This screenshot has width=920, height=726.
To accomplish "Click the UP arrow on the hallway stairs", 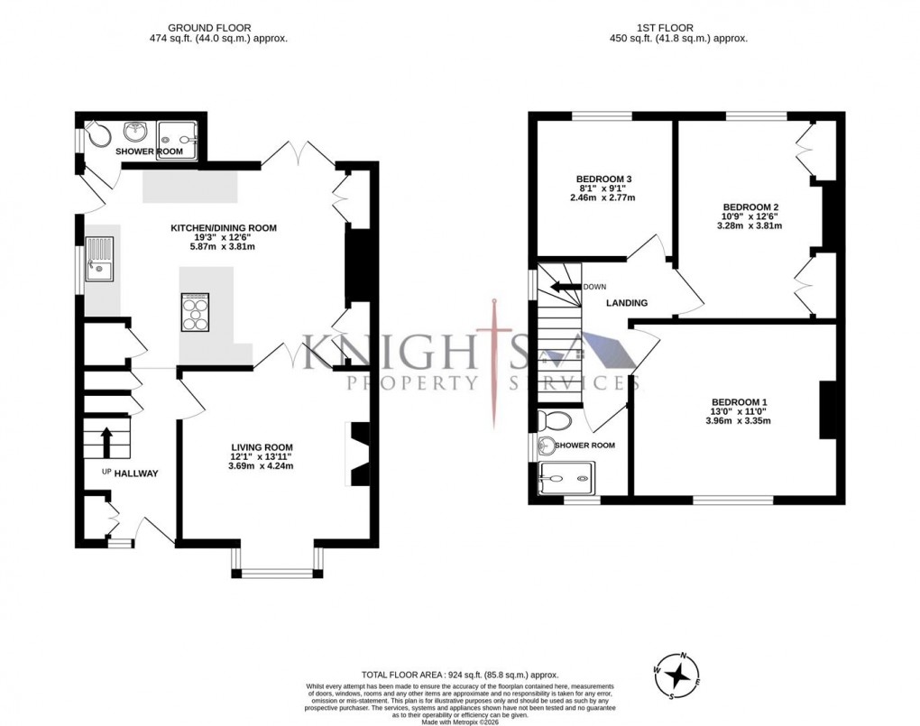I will point(106,442).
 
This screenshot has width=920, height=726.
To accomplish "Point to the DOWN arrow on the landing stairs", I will point(566,287).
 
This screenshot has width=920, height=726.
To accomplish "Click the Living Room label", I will point(262,447).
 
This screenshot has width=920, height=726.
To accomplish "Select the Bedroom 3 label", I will point(603,179).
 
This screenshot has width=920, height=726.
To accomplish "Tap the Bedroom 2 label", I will point(750,207).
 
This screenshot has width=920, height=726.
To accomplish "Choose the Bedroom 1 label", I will point(739,402).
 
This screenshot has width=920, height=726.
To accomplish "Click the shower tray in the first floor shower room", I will point(566,477).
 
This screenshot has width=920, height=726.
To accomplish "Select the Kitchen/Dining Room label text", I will point(224,228).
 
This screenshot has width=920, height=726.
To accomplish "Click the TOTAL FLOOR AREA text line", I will point(460,675).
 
